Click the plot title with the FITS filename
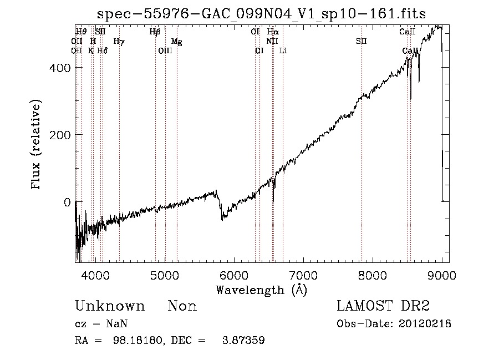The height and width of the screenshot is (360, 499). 262,14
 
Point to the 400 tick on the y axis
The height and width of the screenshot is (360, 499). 65,68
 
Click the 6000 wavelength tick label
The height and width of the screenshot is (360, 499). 234,275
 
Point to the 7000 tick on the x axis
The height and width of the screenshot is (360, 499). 303,275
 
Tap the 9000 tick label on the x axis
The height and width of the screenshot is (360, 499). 442,275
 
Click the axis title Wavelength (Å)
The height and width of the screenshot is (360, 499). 261,289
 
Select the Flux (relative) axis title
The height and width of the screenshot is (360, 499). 37,145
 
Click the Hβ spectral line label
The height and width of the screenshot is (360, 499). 155,32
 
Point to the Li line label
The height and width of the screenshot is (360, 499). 283,50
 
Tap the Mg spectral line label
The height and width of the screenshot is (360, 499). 176,42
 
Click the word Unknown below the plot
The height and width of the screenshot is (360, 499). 109,306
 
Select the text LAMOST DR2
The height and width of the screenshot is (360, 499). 383,306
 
